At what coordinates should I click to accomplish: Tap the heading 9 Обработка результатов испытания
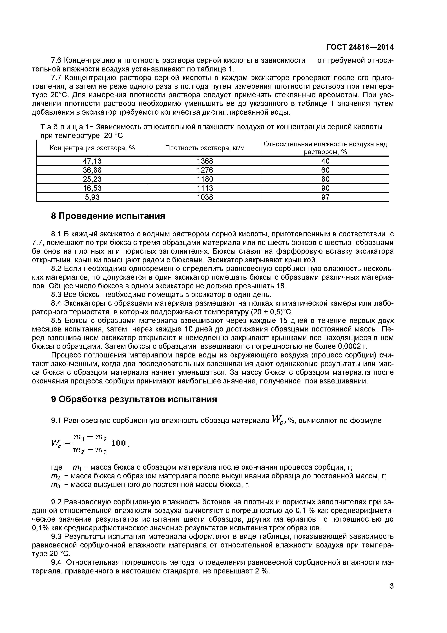[134, 399]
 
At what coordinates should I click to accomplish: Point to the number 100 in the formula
[119, 443]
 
